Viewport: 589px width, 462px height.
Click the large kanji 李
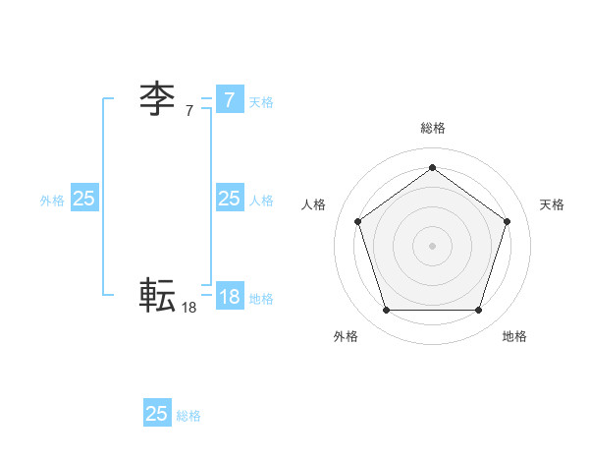tap(157, 99)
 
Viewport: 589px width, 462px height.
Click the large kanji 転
tap(157, 295)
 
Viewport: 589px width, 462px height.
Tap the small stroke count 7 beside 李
tap(189, 112)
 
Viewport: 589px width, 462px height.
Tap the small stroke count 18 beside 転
tap(189, 308)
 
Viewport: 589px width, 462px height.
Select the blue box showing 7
tap(229, 99)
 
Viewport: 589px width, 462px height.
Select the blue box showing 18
tap(229, 296)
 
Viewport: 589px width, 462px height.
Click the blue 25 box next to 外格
tap(84, 199)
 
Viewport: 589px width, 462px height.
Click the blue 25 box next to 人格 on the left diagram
tap(229, 199)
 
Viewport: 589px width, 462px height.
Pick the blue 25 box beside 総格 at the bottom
tap(157, 414)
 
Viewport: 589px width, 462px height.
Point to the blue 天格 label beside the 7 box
tap(261, 102)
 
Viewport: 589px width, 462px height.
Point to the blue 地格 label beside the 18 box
tap(261, 299)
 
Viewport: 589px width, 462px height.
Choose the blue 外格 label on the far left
tap(52, 201)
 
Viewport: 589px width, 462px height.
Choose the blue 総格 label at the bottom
tap(188, 416)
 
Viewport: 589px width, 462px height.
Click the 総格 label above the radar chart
tap(433, 128)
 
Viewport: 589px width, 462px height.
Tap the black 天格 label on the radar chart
tap(552, 204)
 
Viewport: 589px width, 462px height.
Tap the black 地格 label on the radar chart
tap(514, 336)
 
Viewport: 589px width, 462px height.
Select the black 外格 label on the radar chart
tap(346, 336)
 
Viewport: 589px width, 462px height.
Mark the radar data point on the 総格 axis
tap(432, 168)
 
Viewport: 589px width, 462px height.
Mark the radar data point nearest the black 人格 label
tap(357, 221)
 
